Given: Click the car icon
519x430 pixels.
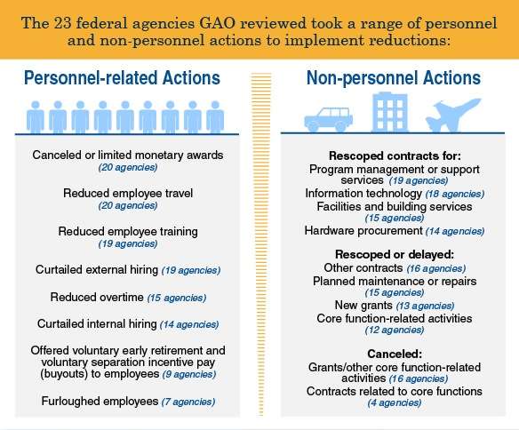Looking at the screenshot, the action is click(x=328, y=119).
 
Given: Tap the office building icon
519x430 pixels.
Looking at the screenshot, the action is click(x=390, y=113).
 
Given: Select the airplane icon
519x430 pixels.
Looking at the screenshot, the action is click(x=453, y=115).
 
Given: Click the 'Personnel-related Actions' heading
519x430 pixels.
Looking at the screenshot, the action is click(x=122, y=78).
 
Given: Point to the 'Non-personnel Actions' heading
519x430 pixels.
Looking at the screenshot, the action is click(x=394, y=78).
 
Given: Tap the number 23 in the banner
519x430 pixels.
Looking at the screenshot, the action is click(x=62, y=23).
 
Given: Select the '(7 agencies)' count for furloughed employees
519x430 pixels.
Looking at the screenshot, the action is click(x=188, y=402).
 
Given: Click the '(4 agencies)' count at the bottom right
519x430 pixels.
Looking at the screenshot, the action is click(x=395, y=402).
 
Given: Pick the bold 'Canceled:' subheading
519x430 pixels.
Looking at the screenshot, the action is click(x=395, y=354).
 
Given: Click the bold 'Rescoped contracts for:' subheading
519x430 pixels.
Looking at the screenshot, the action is click(x=395, y=155).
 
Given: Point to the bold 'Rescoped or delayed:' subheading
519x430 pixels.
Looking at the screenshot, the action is click(x=395, y=254).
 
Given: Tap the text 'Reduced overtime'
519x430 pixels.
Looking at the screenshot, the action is click(x=97, y=297).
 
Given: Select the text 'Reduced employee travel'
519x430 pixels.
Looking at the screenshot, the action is click(x=128, y=193).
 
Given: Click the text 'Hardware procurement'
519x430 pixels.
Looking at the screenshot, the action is click(x=363, y=230).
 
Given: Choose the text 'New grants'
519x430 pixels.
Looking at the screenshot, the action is click(x=363, y=305).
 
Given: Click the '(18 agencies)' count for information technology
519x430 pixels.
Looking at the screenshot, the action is click(x=455, y=194).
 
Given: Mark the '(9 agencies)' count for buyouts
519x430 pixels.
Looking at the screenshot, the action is click(x=189, y=374).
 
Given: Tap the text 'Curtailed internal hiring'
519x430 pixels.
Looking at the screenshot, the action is click(x=97, y=323).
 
